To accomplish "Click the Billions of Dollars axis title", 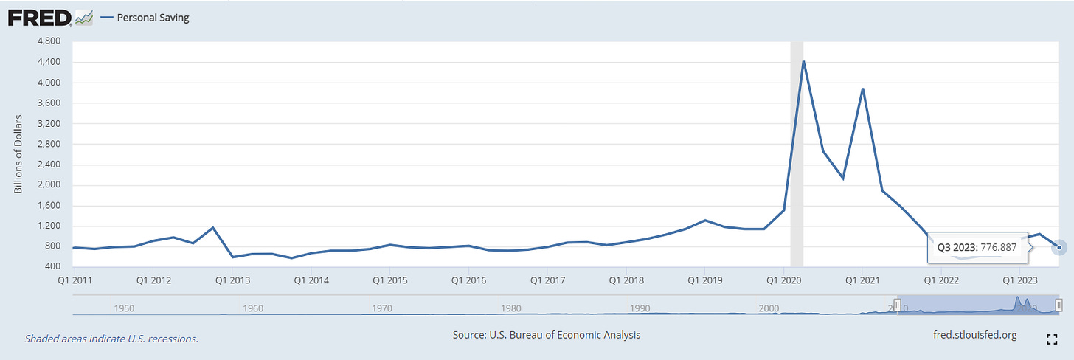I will coord(19,154).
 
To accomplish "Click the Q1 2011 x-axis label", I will coord(74,280).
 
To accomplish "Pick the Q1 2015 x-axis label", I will coord(389,280).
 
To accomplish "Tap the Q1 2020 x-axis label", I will coord(784,280).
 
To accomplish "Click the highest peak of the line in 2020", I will coord(803,61).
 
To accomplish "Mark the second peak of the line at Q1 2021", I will coord(862,89).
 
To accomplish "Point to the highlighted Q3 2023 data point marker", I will coord(1060,247).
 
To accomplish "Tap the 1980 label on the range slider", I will coord(511,308).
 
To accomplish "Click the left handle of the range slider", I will coord(897,305).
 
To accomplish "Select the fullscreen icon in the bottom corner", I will coord(1053,339).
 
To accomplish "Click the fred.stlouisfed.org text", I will coord(974,335).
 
